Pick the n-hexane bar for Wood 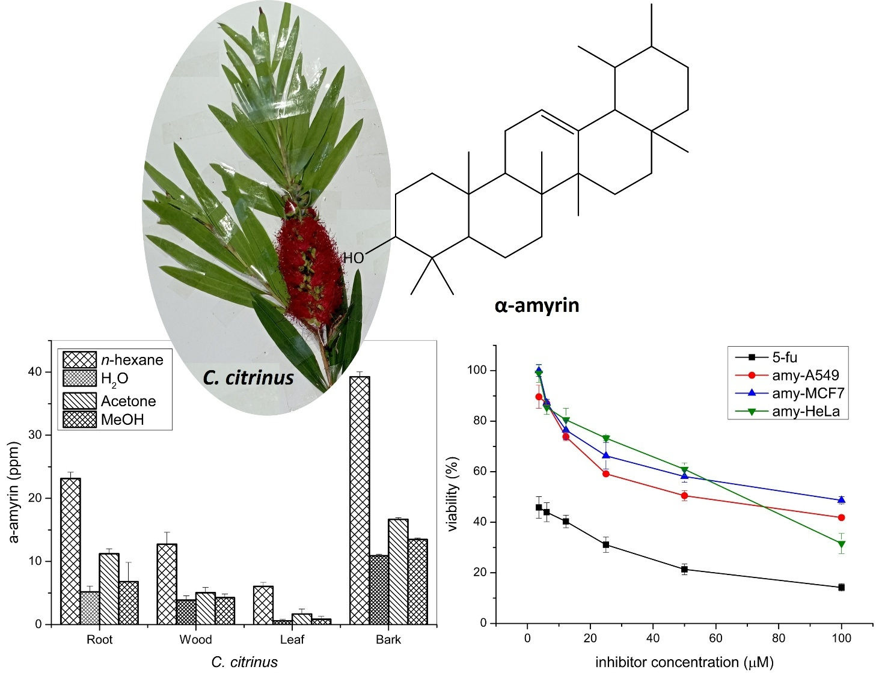tap(167, 583)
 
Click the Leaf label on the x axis tap(292, 639)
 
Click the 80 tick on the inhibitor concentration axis tap(779, 638)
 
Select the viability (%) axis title tap(453, 494)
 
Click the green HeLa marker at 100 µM tap(842, 544)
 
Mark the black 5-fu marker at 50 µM tap(684, 569)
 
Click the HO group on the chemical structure tap(354, 258)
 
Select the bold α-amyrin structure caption tap(537, 305)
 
